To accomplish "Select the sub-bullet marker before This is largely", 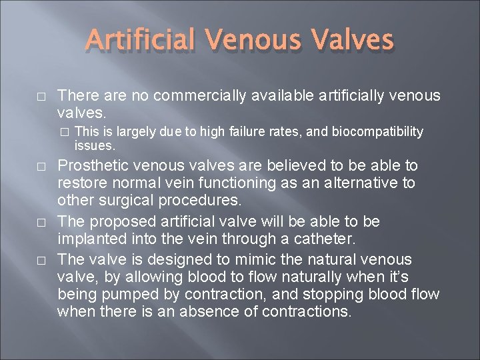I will tap(64, 132).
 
